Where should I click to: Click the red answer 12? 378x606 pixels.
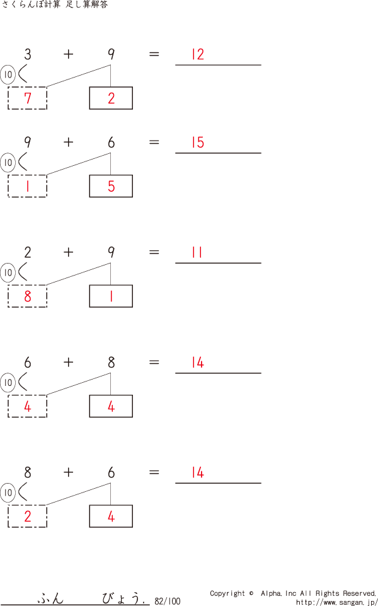point(198,54)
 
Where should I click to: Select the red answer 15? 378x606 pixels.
point(198,143)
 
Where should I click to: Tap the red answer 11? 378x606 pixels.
point(197,252)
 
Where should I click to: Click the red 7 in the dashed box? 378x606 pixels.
point(27,98)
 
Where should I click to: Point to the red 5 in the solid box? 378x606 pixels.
point(111,186)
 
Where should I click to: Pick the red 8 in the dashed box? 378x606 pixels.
point(27,296)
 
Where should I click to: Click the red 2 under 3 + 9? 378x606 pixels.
point(111,98)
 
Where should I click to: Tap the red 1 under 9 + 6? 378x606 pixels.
point(27,186)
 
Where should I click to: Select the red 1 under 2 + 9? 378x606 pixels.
point(111,296)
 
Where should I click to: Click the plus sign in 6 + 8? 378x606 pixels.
point(68,362)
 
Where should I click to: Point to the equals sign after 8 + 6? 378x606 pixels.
point(154,472)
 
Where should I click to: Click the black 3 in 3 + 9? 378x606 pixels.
point(28,54)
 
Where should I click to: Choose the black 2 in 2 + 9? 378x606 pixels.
point(28,252)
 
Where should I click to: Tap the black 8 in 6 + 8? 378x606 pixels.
point(111,362)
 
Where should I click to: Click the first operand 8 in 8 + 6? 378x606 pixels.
point(28,472)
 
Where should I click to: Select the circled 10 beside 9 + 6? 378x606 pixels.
point(8,163)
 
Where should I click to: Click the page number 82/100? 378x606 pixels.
point(167,601)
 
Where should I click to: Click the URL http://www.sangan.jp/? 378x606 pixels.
point(336,602)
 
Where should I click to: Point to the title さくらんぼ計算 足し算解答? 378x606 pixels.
point(55,5)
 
